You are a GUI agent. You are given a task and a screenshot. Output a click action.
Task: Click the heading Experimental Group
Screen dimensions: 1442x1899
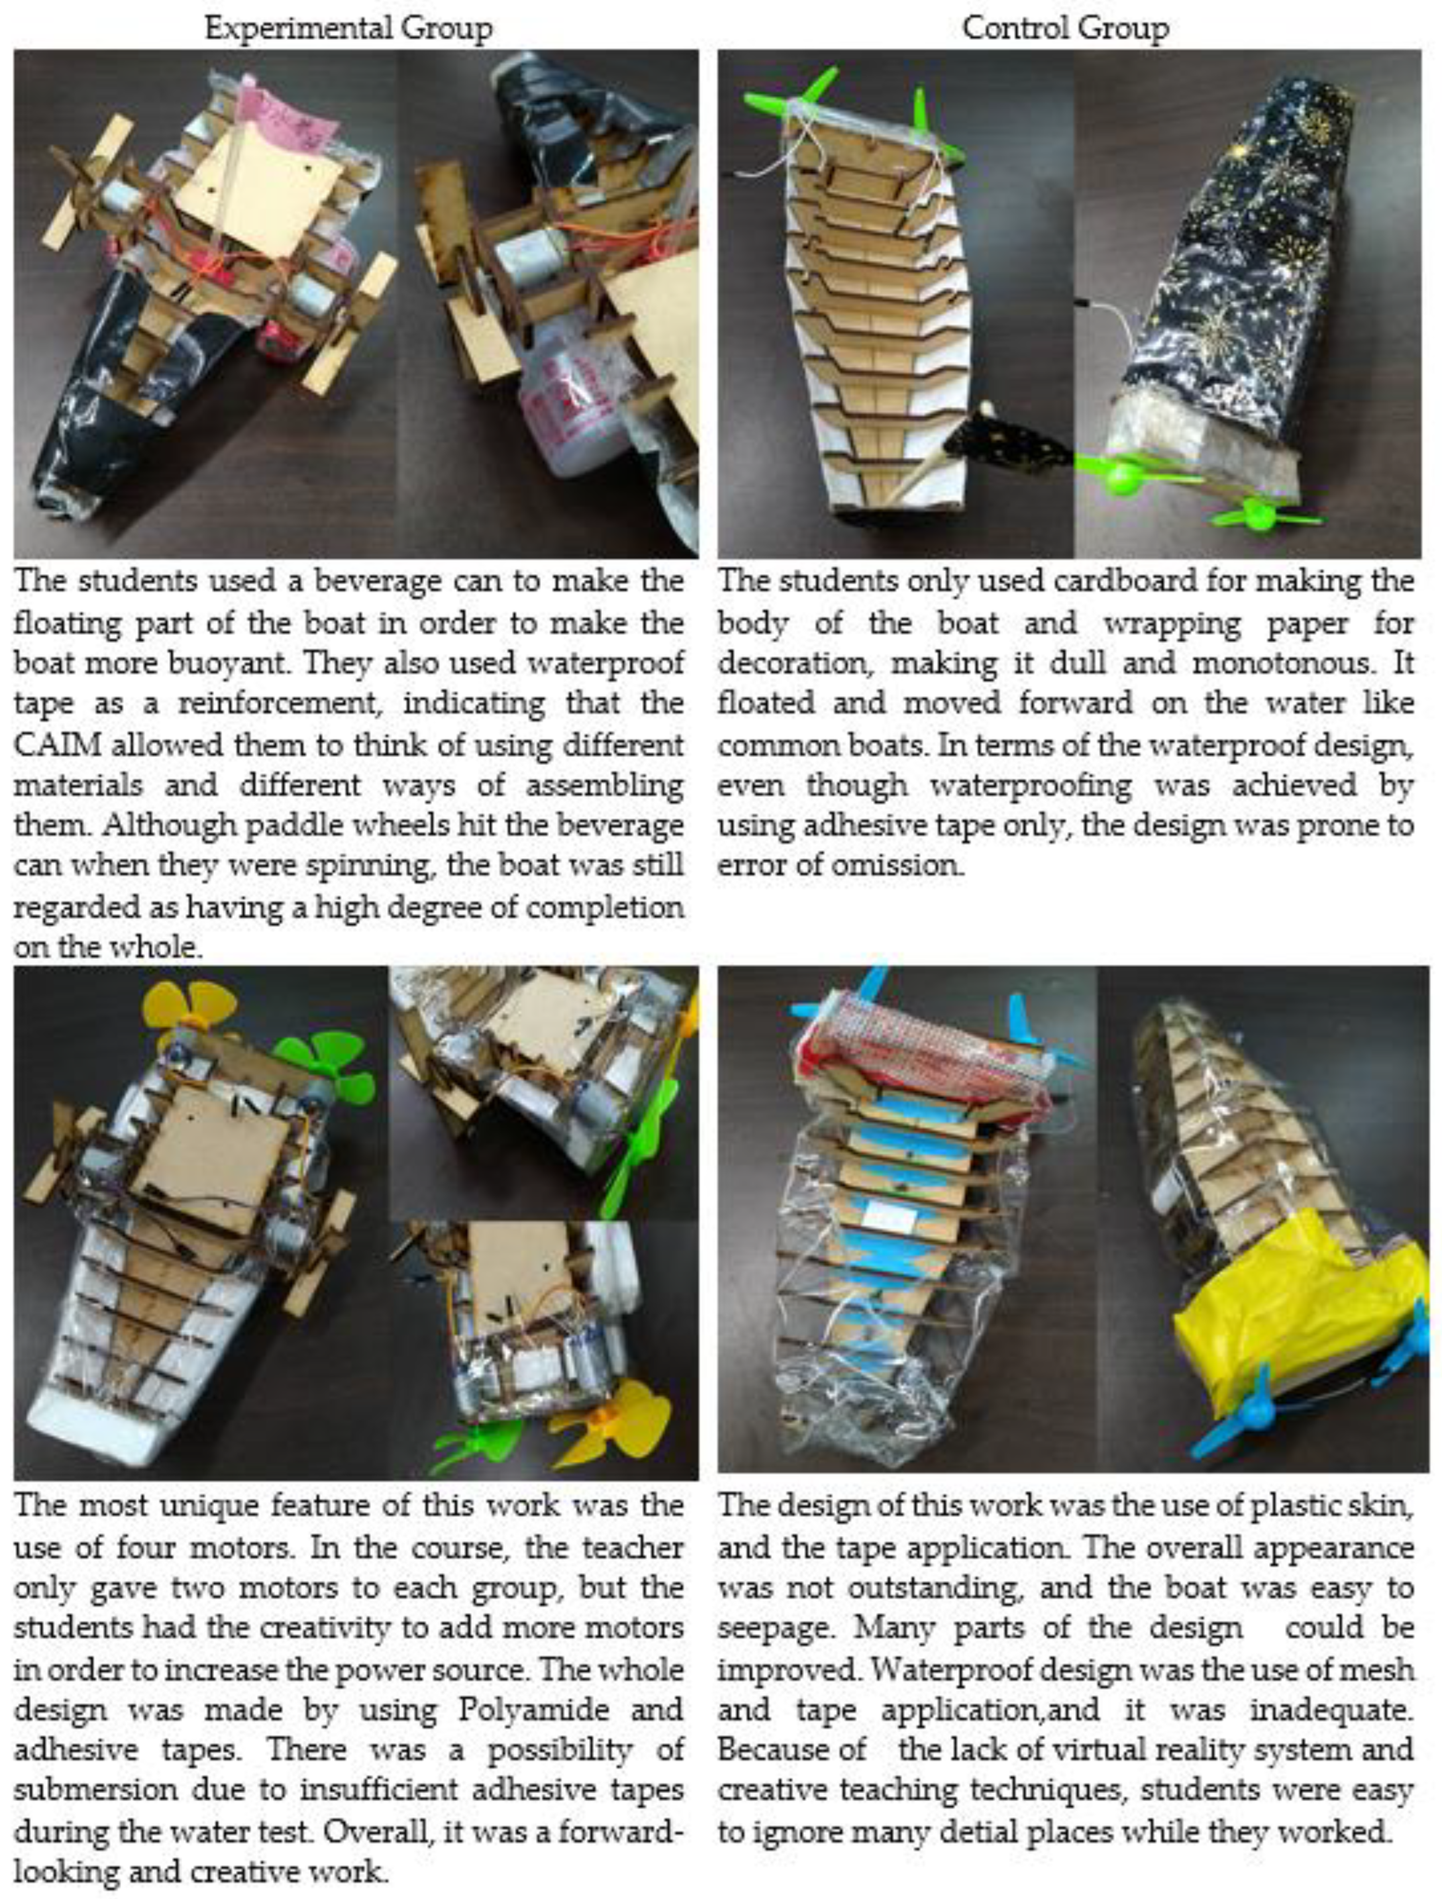click(349, 29)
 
